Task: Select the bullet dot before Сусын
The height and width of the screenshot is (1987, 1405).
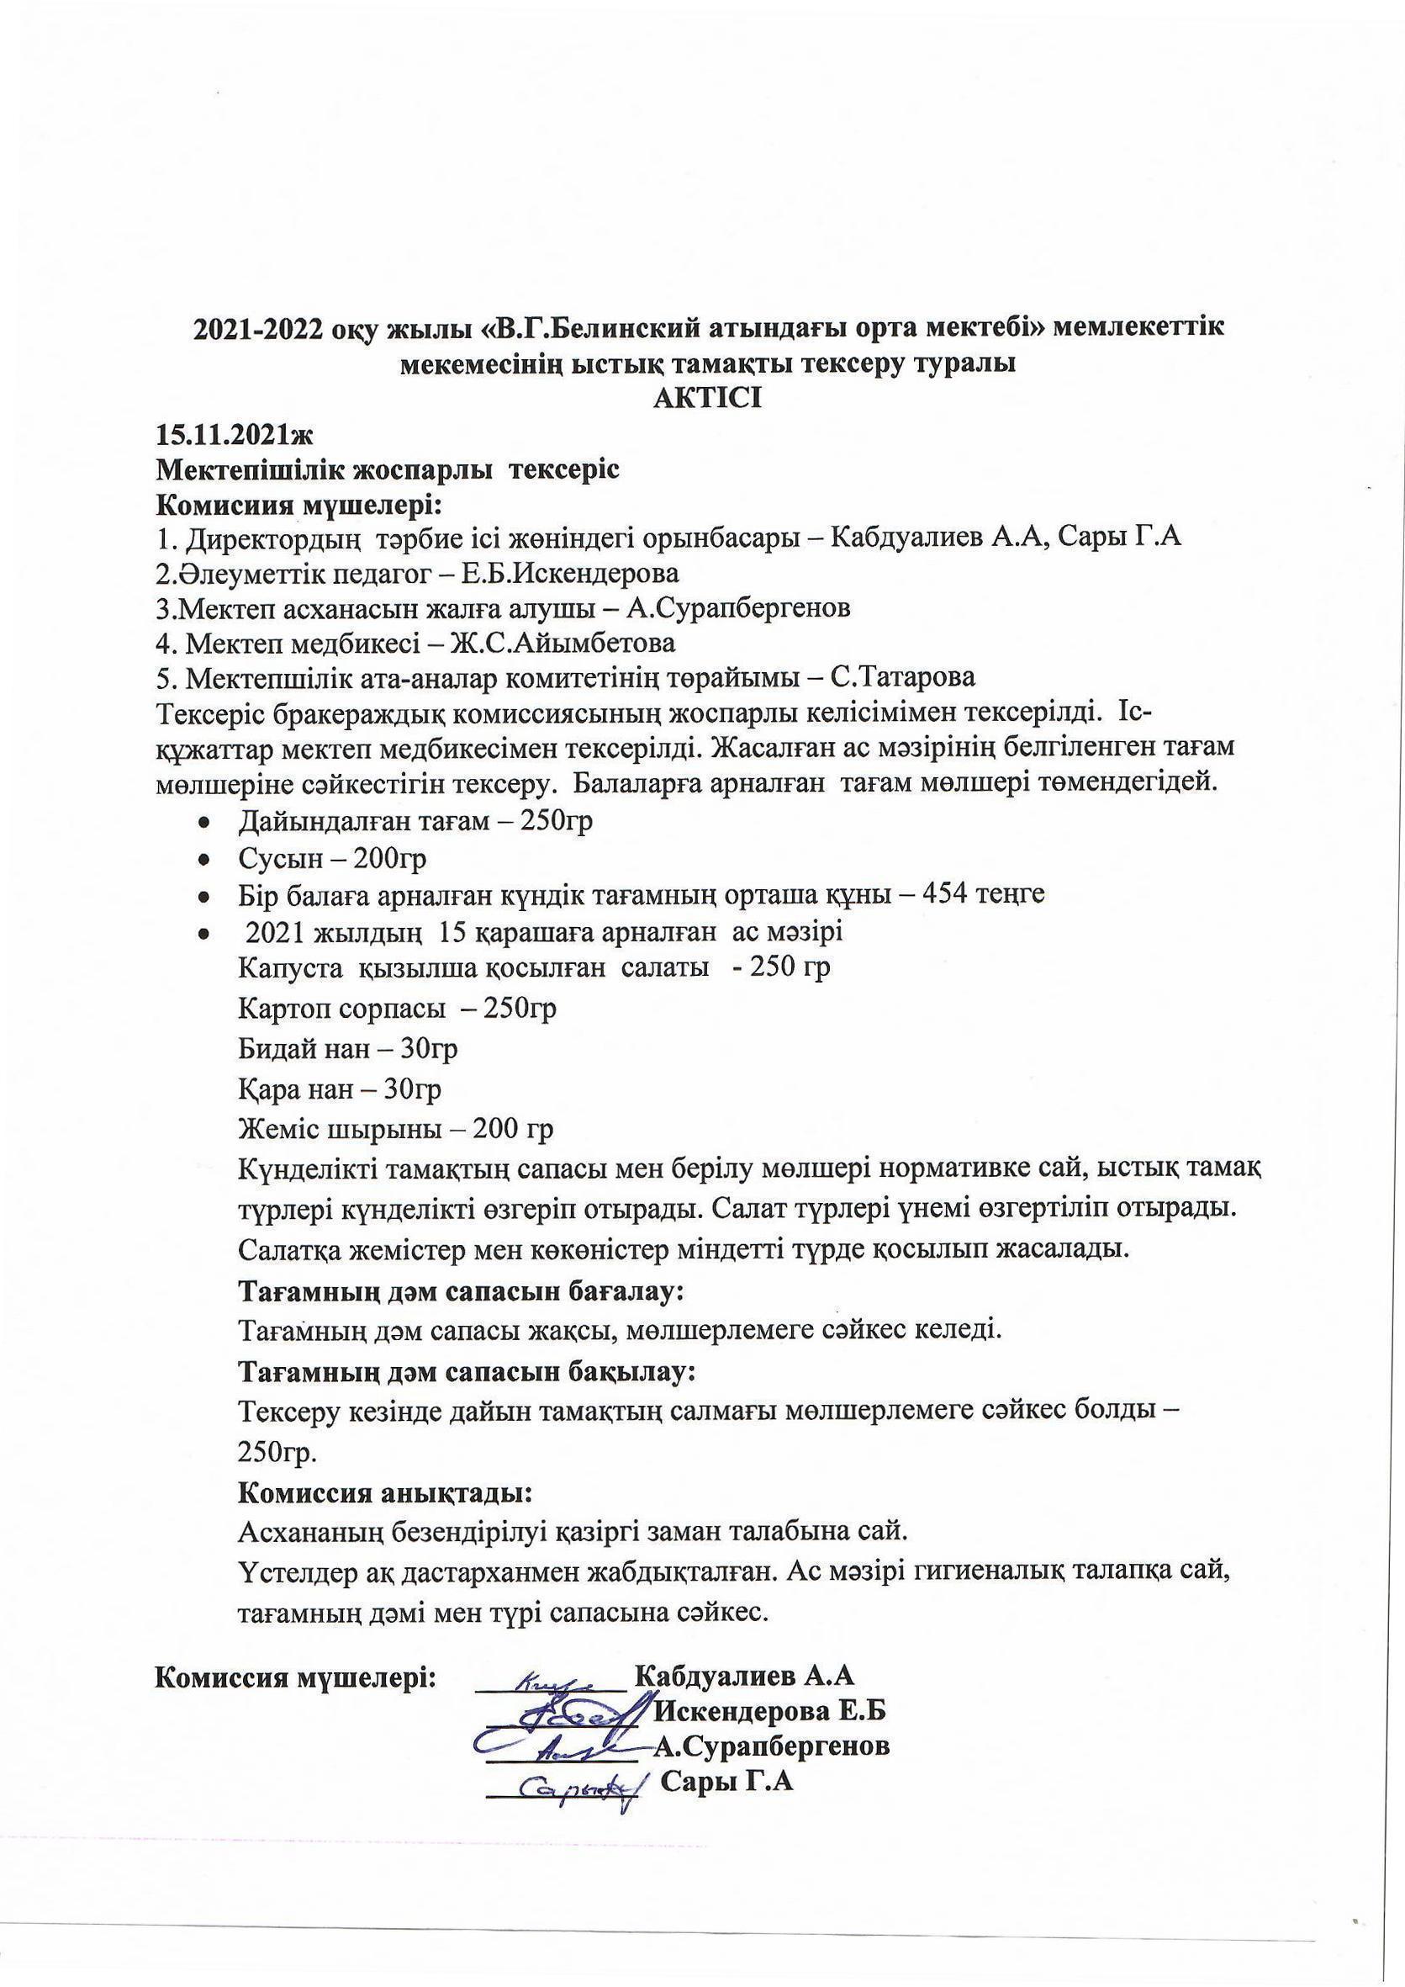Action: click(x=204, y=860)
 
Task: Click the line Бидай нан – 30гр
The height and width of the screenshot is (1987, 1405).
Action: click(x=348, y=1049)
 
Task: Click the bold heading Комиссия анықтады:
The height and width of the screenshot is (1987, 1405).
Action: click(x=384, y=1494)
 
